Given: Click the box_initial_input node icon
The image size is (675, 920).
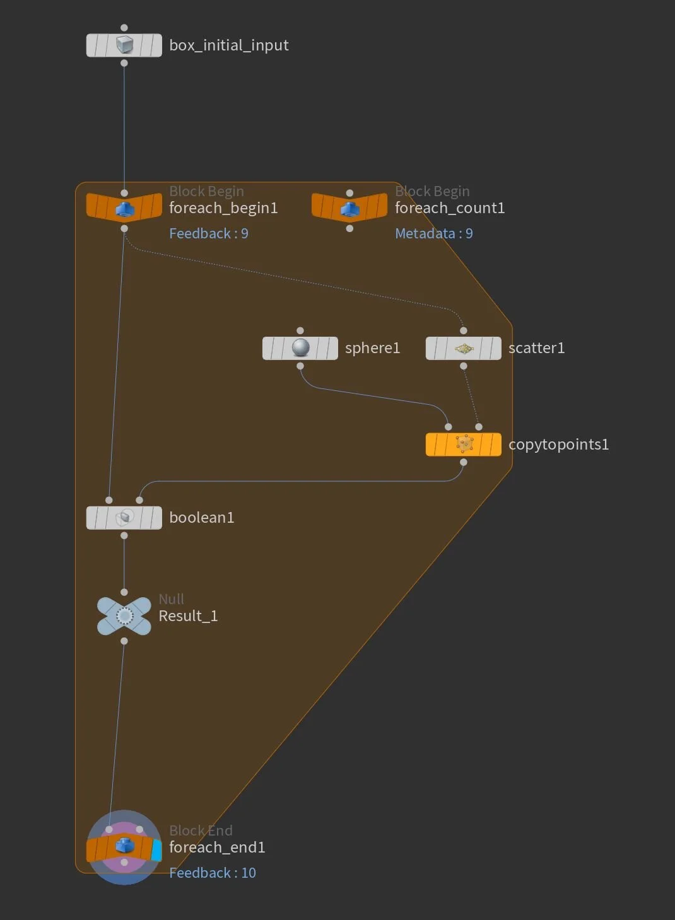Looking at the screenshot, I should point(124,45).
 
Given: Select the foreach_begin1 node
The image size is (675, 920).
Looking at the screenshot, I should point(124,207).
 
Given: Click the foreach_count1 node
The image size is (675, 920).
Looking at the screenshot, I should point(349,207).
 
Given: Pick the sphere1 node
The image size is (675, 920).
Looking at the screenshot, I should point(300,348).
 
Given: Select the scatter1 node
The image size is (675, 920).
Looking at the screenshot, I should point(464,348).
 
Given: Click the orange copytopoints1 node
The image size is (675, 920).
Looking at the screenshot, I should point(464,445).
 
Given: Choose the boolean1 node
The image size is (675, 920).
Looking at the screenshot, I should point(124,518).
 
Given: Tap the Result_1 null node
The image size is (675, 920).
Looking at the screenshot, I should point(124,616).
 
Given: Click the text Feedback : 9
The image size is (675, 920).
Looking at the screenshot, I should point(209,234).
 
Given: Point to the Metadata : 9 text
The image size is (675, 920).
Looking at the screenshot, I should point(434,234).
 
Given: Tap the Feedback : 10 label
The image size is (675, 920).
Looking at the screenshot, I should point(213,873).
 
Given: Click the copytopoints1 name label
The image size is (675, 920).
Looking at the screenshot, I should point(559,445).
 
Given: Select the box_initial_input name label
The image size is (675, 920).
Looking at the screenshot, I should point(229,45).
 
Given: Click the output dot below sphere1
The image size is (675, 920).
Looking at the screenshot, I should point(300,366).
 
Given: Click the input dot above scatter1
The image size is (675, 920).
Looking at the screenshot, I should point(464,330).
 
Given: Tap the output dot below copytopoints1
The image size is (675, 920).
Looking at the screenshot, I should point(464,463).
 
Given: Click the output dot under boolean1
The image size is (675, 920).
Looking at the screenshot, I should point(124,536).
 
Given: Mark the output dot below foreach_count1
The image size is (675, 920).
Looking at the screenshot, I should point(349,228).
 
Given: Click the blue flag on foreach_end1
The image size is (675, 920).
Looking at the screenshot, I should point(157,850).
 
